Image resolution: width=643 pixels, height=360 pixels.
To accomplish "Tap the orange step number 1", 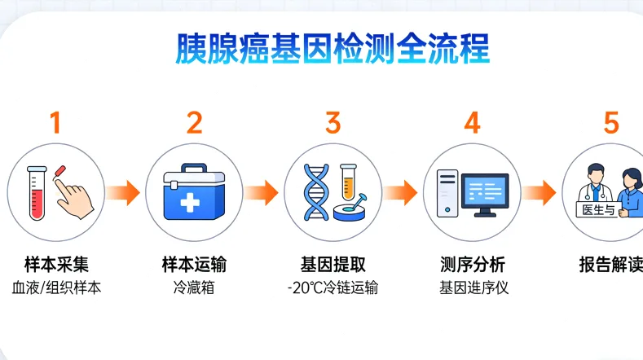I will pos(55,123).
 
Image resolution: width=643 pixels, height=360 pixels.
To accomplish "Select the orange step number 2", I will pos(194,123).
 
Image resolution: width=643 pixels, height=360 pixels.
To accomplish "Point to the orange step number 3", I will pos(333,123).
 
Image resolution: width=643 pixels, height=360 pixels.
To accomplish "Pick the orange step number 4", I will pos(472,123).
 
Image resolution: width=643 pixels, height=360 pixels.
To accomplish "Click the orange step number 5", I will pos(611,123).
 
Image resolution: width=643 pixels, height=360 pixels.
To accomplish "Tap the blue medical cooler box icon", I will pos(194,194).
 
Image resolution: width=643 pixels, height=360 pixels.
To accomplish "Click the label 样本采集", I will pos(55,265).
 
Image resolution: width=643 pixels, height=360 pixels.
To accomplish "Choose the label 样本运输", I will pos(194,265).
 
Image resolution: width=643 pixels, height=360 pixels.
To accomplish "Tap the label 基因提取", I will pos(333,265).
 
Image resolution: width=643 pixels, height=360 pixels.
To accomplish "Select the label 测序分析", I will pos(472,265).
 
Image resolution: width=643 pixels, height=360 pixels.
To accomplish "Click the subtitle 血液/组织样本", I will pos(55,288).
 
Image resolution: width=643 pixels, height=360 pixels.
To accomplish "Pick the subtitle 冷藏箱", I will pos(194,288).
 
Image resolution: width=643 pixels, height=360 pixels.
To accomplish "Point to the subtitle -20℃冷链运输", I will pos(333,288).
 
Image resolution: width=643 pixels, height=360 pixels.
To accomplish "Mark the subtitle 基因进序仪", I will pos(472,288).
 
